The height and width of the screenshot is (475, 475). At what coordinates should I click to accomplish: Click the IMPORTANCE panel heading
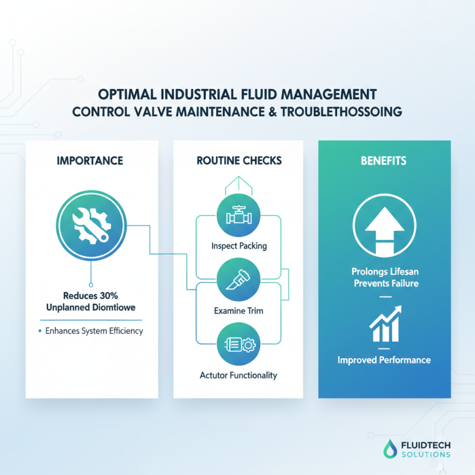click(91, 160)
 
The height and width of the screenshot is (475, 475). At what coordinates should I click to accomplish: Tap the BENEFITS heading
click(384, 160)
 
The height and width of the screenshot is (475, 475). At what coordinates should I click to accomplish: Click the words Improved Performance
click(384, 360)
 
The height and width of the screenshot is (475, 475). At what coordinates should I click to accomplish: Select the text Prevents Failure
click(384, 283)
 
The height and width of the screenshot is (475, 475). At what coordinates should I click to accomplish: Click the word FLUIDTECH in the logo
click(417, 444)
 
